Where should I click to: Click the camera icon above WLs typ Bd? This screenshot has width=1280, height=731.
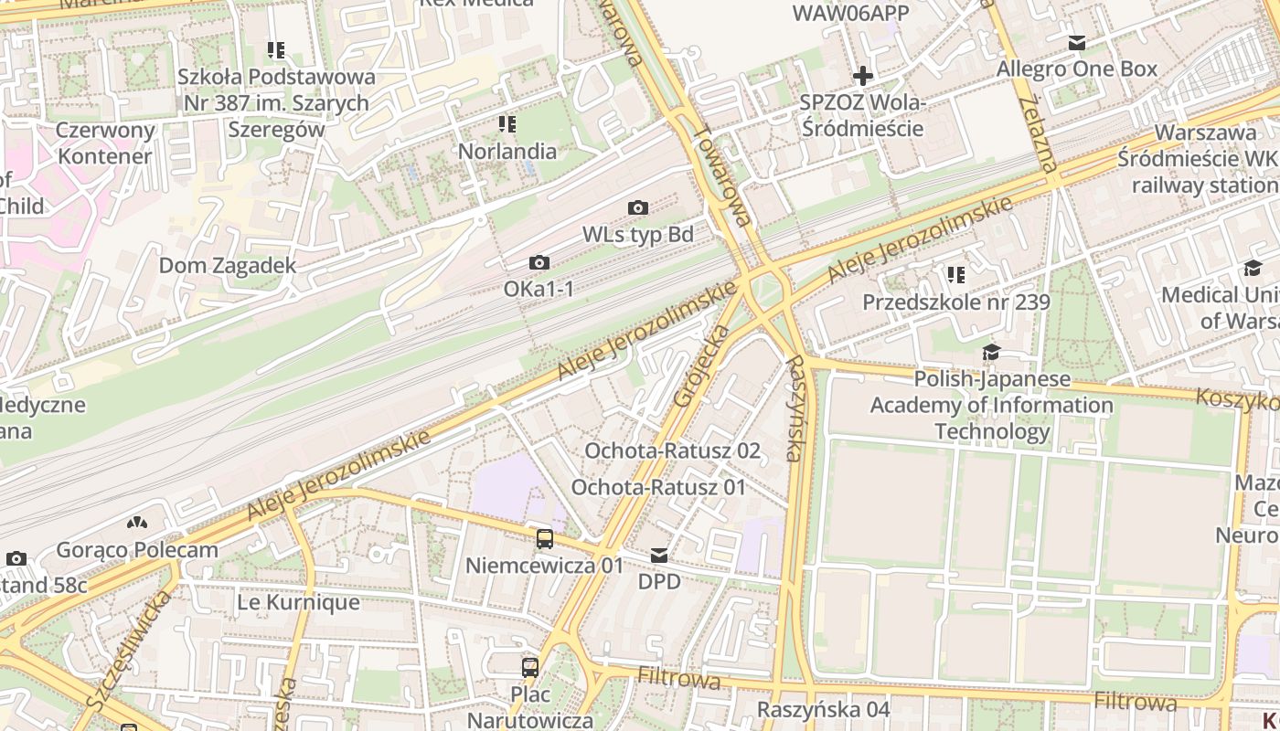click(x=638, y=208)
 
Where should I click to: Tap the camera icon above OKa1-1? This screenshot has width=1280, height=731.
click(x=539, y=263)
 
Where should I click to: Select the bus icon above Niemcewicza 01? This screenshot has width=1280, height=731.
click(x=545, y=538)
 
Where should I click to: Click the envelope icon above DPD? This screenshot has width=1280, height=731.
click(x=659, y=556)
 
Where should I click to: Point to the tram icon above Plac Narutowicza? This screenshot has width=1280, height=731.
click(x=530, y=667)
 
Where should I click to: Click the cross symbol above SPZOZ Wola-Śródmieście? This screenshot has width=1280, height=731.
click(x=862, y=76)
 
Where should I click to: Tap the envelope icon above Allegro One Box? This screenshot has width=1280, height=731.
click(x=1077, y=43)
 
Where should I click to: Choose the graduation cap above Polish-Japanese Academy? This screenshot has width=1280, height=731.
click(x=991, y=353)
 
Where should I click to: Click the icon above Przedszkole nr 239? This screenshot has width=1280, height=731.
click(x=956, y=275)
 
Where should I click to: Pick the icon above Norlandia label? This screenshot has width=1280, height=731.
click(x=507, y=124)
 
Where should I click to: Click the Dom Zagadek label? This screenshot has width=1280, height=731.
click(x=228, y=266)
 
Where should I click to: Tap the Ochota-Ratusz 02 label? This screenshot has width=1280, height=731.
click(x=672, y=450)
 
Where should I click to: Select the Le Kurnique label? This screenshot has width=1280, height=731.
click(x=298, y=603)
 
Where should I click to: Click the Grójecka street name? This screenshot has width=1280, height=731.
click(x=701, y=365)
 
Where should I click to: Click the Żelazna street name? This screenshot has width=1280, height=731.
click(x=1037, y=132)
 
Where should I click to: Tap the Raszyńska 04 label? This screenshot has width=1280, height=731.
click(x=823, y=709)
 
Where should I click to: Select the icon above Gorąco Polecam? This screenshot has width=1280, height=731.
click(x=137, y=524)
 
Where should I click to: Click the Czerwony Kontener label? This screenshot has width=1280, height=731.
click(x=104, y=143)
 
